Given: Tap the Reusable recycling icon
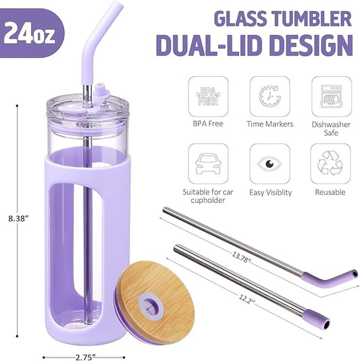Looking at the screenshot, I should (x=330, y=163).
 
